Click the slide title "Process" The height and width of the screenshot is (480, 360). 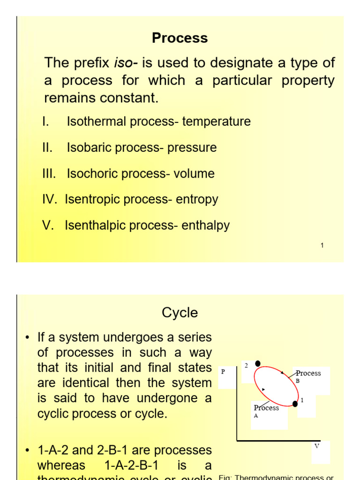coord(180,38)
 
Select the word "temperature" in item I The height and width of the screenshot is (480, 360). coord(216,121)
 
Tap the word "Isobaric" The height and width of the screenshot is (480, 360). coord(89,148)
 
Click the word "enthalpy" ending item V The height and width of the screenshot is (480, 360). coord(206,225)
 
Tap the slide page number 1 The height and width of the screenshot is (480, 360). coord(322,246)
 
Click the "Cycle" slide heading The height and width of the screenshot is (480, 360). coord(180,313)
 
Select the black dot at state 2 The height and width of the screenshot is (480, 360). coord(257,363)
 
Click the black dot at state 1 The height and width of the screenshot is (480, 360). coord(295,404)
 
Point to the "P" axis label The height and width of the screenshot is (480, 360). coord(223,371)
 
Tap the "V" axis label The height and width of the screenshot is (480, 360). coord(317,446)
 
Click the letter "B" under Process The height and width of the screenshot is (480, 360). coord(298,381)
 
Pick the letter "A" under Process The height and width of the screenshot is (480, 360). coord(256,415)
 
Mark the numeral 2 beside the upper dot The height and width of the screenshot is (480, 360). coord(246,365)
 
